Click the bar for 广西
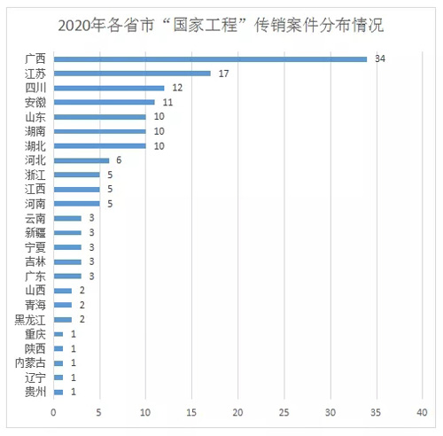pos(210,59)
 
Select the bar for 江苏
pos(132,74)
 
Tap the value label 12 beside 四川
pos(177,88)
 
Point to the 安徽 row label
pos(35,103)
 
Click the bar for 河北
pos(82,160)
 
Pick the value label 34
pos(380,58)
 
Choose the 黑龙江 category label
pos(30,320)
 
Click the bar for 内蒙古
pos(58,363)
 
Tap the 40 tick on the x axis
pos(422,412)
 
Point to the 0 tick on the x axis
pos(53,412)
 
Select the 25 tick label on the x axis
pos(284,412)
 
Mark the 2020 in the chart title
pos(74,26)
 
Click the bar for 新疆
pos(67,233)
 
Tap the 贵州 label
pos(35,393)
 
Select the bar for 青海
pos(63,305)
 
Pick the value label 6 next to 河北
pos(119,160)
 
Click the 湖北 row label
pos(35,146)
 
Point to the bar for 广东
pos(67,276)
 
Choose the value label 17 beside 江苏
pos(223,74)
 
